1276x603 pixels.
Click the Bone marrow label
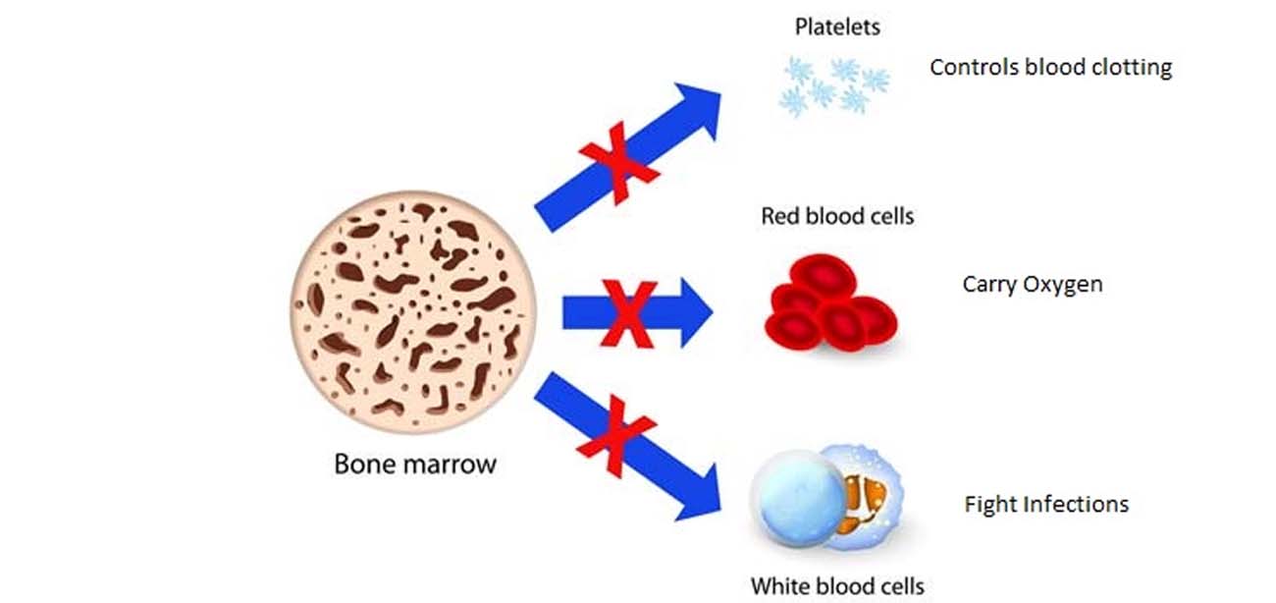point(415,463)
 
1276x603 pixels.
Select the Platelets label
point(837,27)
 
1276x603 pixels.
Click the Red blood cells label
point(837,216)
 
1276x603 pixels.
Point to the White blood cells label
point(837,586)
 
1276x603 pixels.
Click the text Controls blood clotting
point(1050,68)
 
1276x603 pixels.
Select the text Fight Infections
point(1046,505)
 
